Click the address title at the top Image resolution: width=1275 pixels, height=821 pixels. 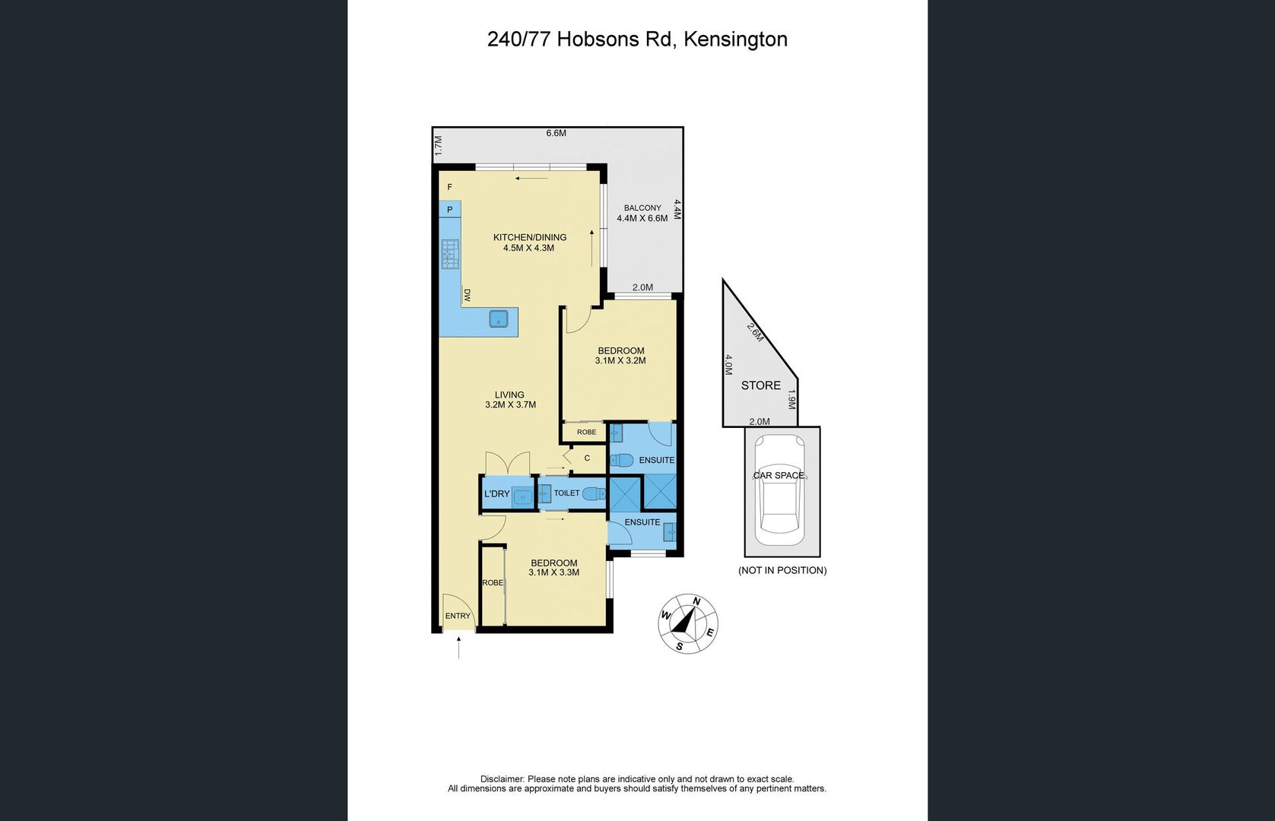coord(637,40)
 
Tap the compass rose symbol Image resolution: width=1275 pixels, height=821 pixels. coord(687,623)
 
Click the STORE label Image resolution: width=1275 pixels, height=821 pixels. coord(760,385)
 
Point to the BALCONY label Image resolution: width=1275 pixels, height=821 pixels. coord(642,208)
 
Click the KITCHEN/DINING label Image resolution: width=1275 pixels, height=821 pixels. coord(529,237)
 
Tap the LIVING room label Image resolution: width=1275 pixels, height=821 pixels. coord(509,395)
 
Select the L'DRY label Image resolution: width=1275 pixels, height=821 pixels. coord(497,494)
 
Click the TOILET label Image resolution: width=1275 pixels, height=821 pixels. coord(566,493)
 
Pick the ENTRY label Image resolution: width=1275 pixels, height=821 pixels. coord(458,616)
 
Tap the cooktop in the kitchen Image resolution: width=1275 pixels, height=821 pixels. coord(450,254)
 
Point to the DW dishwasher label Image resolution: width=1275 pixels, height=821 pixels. coord(467,295)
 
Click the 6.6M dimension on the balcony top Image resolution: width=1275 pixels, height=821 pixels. coord(556,133)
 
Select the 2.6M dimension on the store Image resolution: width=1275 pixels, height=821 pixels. coord(754,332)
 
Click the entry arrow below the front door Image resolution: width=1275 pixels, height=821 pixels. coord(458,647)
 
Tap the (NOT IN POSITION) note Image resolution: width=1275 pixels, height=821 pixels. coord(782,570)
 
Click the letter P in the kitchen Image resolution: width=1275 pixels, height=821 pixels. coord(449,210)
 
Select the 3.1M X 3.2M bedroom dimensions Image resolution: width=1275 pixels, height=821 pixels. coord(620,361)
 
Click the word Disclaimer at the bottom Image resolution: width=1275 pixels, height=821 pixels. coord(502,779)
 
